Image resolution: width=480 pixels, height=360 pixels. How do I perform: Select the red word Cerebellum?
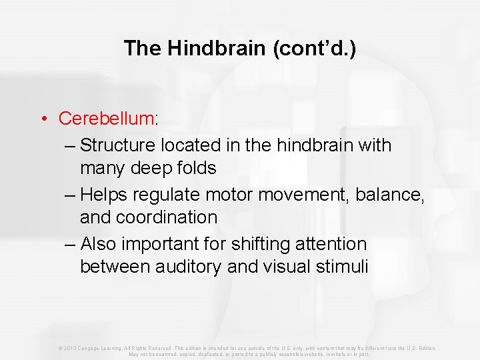(106, 119)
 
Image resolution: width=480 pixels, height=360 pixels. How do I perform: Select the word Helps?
(103, 194)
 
